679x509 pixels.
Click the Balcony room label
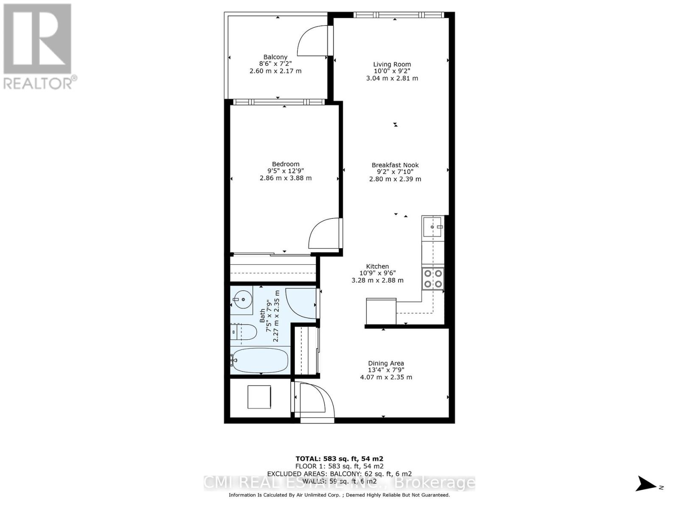275,57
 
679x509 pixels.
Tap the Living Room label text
392,64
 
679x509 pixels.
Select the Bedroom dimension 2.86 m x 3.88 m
286,178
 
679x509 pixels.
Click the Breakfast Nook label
395,165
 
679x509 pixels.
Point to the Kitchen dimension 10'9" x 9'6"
377,273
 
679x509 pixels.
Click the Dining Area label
386,363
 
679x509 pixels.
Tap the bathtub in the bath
260,361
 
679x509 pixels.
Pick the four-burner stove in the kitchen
433,279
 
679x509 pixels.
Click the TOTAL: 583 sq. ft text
339,459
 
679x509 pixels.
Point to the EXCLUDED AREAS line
339,474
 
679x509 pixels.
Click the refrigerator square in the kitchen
381,311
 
